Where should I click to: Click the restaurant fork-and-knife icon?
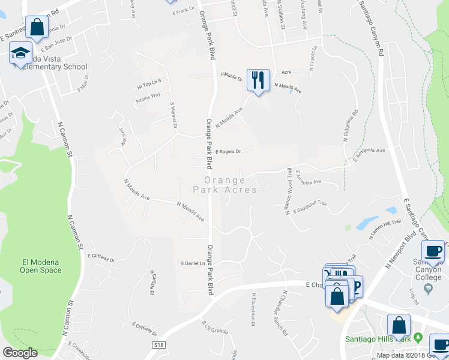tap(258, 80)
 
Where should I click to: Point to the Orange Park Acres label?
tap(224, 185)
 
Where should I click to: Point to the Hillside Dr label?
tap(231, 79)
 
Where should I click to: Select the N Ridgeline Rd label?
tap(350, 125)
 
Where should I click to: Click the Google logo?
tap(20, 353)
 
